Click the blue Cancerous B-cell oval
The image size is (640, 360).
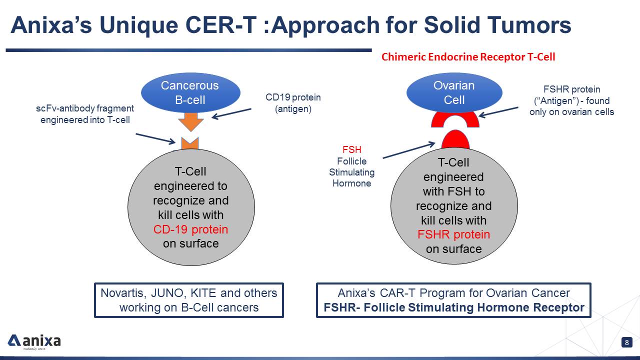[x=189, y=92]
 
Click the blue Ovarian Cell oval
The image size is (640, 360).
[x=454, y=92]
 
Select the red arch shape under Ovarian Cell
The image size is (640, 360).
[x=455, y=119]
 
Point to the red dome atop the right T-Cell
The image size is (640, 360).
[x=455, y=140]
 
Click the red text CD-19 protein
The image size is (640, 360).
[x=190, y=229]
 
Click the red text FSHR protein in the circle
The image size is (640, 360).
[x=453, y=234]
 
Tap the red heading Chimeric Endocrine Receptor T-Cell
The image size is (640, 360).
[x=468, y=57]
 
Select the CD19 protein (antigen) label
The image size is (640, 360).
[x=293, y=103]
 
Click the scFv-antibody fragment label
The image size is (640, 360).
[x=85, y=114]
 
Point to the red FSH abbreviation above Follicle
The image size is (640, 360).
[x=351, y=149]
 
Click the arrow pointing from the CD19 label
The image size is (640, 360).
[x=231, y=113]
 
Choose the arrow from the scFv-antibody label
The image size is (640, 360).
[x=155, y=138]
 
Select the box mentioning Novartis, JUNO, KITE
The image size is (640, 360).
[x=189, y=300]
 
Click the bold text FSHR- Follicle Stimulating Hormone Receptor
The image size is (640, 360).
[x=453, y=307]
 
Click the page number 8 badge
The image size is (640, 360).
[x=626, y=342]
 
